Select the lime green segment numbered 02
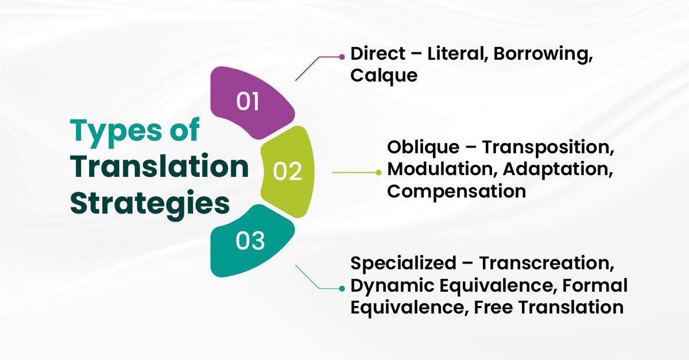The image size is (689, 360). pyautogui.click(x=288, y=172)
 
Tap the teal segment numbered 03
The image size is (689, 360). pyautogui.click(x=251, y=241)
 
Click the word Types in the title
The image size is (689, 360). pyautogui.click(x=116, y=131)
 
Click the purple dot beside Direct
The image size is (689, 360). pyautogui.click(x=342, y=57)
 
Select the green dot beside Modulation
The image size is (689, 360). pyautogui.click(x=378, y=173)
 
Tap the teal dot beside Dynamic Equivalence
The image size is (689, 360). pyautogui.click(x=342, y=289)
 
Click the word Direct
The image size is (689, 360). pyautogui.click(x=378, y=53)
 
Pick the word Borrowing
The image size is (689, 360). pyautogui.click(x=543, y=55)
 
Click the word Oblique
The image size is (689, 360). pyautogui.click(x=423, y=148)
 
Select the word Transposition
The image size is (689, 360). pyautogui.click(x=548, y=148)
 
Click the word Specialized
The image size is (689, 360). pyautogui.click(x=403, y=264)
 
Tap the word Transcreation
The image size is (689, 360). pyautogui.click(x=547, y=264)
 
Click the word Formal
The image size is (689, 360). pyautogui.click(x=595, y=285)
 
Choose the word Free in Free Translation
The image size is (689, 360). pyautogui.click(x=493, y=307)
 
